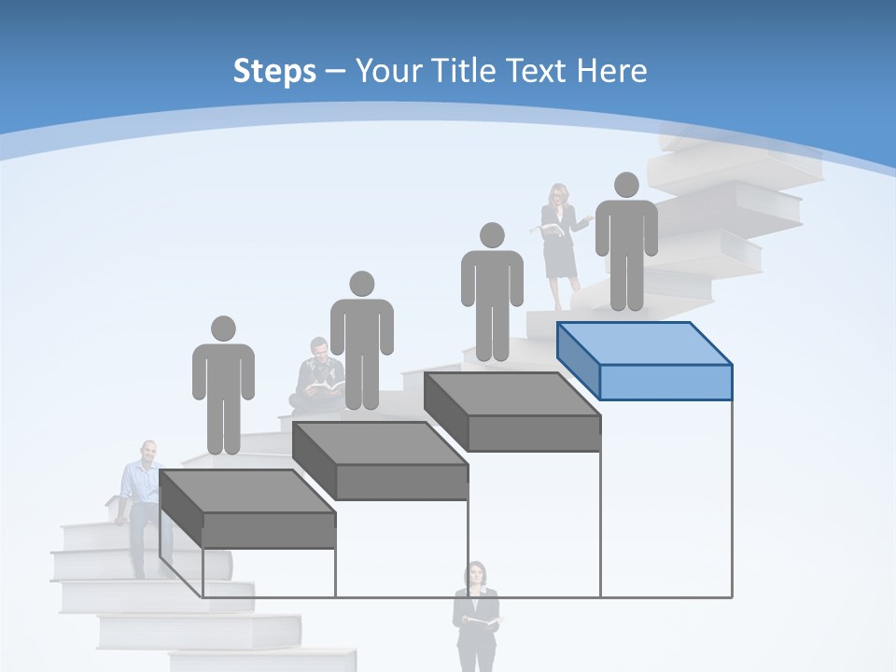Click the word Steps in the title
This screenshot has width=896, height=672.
pos(274,71)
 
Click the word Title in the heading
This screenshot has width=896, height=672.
pos(465,71)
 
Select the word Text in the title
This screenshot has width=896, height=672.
pos(536,71)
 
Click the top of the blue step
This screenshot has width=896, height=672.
pos(644,343)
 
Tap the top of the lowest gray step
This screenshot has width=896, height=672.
pos(246,491)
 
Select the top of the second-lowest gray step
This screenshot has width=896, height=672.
pos(379,442)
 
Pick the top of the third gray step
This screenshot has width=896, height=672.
pos(511,393)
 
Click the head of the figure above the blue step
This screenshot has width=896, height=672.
pos(626,185)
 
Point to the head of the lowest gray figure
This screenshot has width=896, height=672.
pos(223,329)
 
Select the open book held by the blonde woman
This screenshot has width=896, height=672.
pos(551,229)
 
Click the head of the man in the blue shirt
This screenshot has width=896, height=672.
pos(147,452)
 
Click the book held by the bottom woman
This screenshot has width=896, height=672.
pos(483,620)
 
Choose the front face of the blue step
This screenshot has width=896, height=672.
pos(665,382)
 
